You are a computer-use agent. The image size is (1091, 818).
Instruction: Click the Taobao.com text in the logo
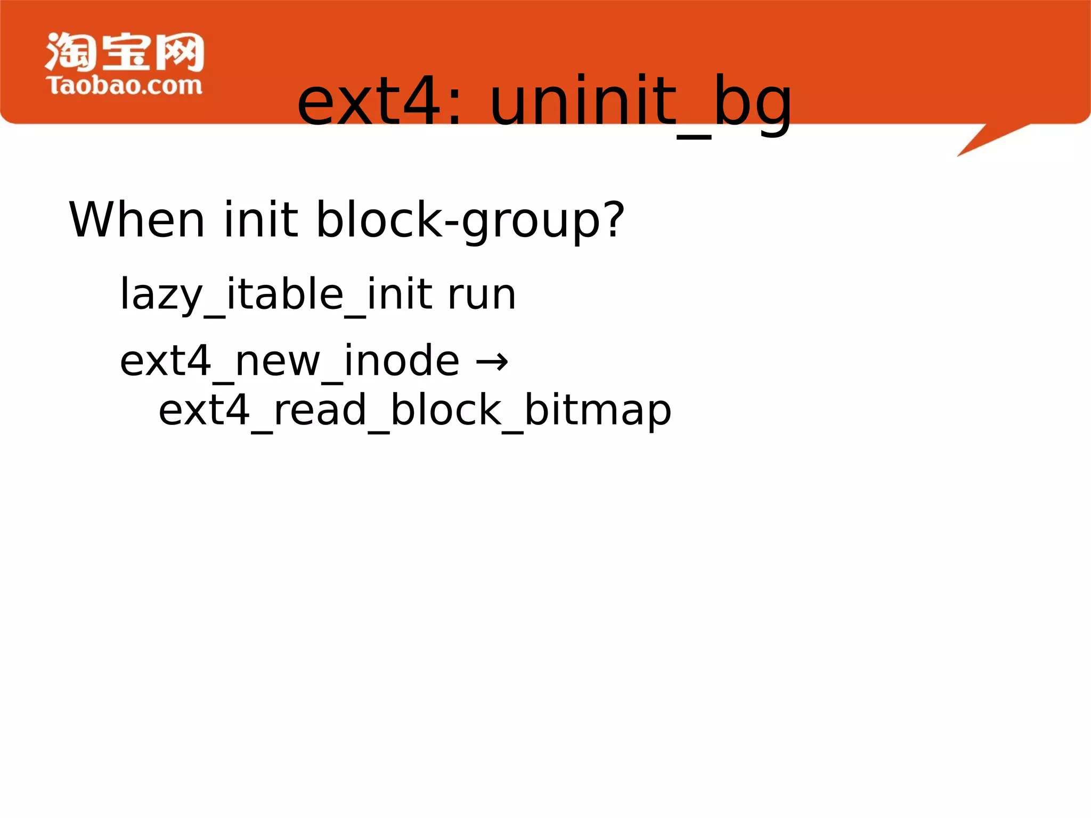click(x=124, y=86)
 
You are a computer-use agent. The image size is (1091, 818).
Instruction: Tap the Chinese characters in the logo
click(x=124, y=52)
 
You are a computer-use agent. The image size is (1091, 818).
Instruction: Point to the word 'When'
click(x=136, y=219)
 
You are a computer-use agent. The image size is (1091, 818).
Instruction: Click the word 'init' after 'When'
click(x=260, y=219)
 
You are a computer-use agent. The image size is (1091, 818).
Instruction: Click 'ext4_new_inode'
click(x=289, y=362)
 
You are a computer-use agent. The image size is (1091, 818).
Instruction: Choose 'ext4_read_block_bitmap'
click(x=414, y=411)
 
